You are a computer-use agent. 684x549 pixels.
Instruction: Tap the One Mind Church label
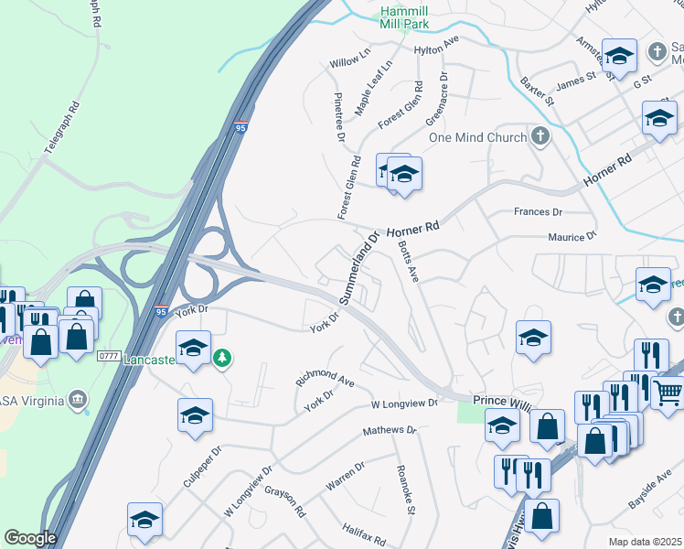pyautogui.click(x=477, y=137)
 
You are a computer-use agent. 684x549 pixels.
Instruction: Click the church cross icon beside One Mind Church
pyautogui.click(x=540, y=137)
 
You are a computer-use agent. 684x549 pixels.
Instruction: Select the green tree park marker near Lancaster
pyautogui.click(x=221, y=358)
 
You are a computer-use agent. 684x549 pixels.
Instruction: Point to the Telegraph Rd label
pyautogui.click(x=63, y=145)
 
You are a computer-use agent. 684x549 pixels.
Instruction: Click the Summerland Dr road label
pyautogui.click(x=359, y=267)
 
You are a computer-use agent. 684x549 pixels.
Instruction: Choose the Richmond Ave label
pyautogui.click(x=324, y=378)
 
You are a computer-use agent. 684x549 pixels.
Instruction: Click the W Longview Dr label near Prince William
pyautogui.click(x=404, y=404)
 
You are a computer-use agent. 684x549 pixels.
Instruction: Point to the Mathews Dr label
pyautogui.click(x=389, y=430)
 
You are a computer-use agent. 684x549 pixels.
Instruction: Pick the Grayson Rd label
pyautogui.click(x=283, y=501)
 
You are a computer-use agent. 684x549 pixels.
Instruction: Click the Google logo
pyautogui.click(x=30, y=538)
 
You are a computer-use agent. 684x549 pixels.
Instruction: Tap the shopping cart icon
pyautogui.click(x=668, y=394)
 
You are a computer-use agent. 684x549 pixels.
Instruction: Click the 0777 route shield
pyautogui.click(x=110, y=355)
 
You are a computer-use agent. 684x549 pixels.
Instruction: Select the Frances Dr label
pyautogui.click(x=538, y=211)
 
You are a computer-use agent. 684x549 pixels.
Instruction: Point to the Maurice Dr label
pyautogui.click(x=572, y=237)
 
